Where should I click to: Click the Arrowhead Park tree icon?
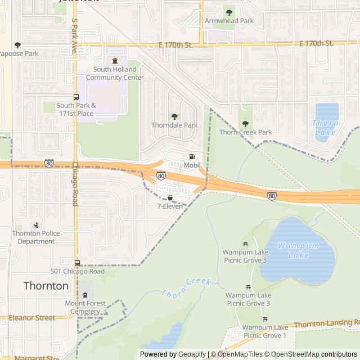[228, 12]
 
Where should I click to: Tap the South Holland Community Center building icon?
[115, 61]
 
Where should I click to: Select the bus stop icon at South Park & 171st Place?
[76, 97]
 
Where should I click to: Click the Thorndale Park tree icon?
[174, 116]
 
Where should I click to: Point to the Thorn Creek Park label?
[245, 132]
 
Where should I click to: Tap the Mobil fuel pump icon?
[192, 157]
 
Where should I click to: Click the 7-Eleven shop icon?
[170, 198]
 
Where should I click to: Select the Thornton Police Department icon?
[36, 225]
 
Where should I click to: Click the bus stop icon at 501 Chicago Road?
[77, 263]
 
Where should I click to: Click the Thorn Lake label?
[325, 128]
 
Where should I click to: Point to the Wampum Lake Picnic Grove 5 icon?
[245, 244]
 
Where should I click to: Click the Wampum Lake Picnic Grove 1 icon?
[265, 319]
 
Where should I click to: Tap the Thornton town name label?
[46, 286]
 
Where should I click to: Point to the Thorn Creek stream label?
[185, 287]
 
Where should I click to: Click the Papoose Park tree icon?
[17, 45]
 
